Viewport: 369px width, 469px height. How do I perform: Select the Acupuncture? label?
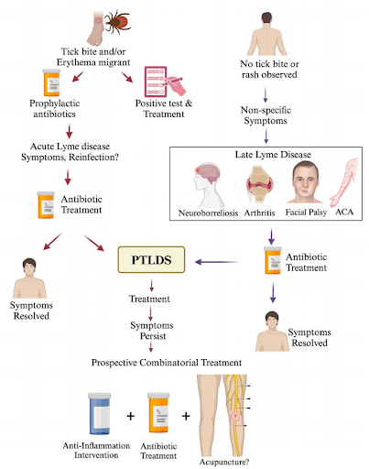[226, 461]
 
